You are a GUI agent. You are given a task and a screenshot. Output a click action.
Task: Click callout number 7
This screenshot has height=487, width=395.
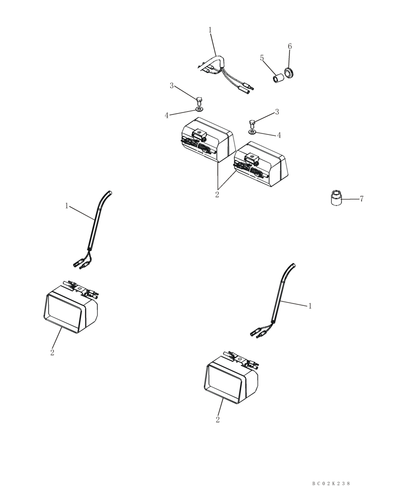361,199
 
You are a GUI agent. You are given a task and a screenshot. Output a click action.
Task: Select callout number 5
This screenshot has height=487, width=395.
262,58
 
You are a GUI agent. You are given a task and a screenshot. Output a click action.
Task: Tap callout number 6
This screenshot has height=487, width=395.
290,46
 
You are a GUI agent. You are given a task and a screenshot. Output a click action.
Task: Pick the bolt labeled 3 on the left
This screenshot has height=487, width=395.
200,100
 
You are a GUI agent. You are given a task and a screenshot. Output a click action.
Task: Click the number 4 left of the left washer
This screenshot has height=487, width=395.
166,115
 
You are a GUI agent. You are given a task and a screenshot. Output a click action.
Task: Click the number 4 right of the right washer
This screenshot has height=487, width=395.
279,135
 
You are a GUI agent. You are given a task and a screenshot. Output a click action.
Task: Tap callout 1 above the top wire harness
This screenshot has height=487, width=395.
210,30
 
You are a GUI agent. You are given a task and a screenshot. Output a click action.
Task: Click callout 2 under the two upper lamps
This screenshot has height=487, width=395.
217,195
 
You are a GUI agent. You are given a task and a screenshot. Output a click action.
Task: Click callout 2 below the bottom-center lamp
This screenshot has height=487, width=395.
217,419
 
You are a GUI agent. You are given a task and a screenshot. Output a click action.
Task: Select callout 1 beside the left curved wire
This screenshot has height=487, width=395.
67,206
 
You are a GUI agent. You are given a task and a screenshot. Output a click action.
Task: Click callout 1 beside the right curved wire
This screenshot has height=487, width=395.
310,306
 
